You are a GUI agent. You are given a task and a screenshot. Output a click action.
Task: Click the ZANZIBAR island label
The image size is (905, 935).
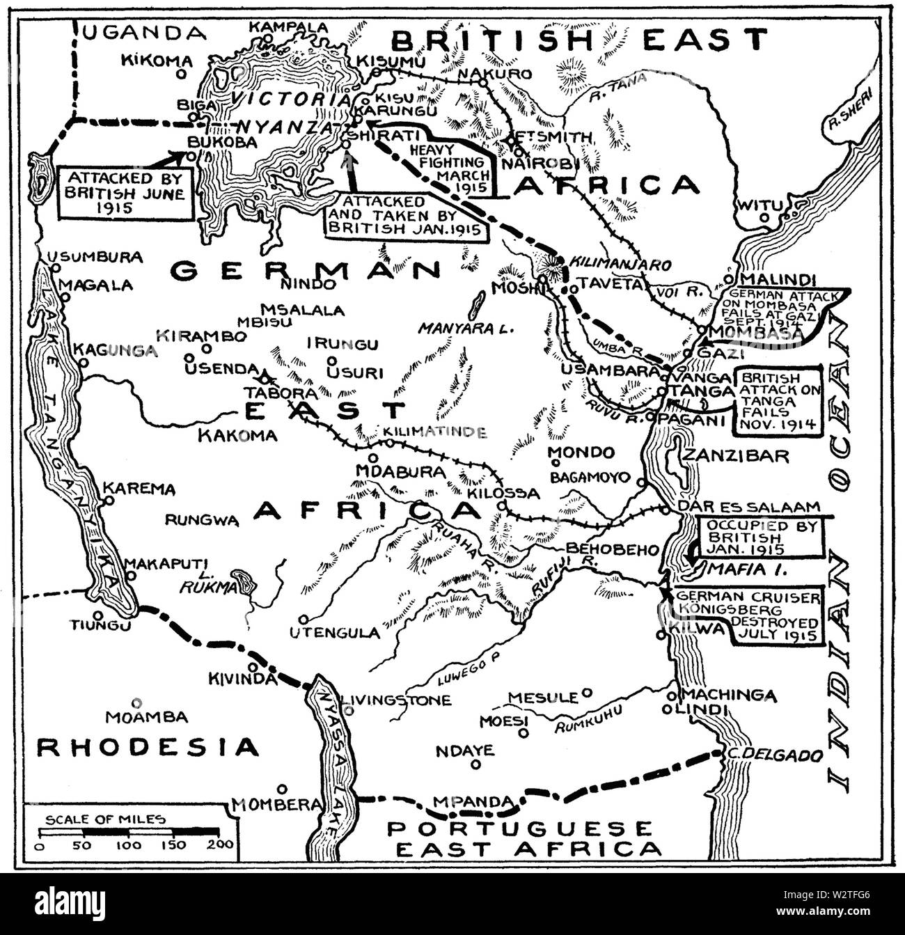tap(737, 456)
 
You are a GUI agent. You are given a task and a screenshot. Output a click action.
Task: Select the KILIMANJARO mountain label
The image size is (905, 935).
tap(620, 265)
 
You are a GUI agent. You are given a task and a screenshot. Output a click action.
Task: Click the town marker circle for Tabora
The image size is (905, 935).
tap(265, 379)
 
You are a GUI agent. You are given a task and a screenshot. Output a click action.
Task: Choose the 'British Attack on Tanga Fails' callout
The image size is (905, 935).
tap(780, 400)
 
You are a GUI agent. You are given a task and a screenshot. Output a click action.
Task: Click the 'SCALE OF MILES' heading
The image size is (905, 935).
tap(105, 819)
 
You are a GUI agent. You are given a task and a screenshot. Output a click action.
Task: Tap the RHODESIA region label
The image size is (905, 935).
tap(148, 747)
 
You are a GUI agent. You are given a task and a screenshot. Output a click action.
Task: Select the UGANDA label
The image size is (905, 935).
tap(144, 31)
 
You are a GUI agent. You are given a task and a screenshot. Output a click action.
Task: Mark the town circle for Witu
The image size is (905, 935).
tap(764, 218)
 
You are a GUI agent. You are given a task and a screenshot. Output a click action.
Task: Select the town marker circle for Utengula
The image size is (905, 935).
tap(304, 619)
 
